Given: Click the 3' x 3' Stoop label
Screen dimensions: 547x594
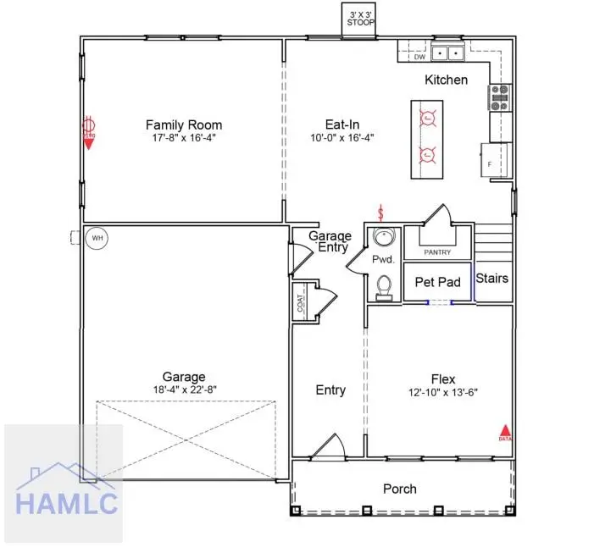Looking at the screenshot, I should [x=358, y=19].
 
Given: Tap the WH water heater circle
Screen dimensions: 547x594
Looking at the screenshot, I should [x=97, y=239].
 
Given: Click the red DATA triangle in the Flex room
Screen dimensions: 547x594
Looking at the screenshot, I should [x=505, y=432].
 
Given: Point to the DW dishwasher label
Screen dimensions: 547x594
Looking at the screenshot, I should [x=419, y=58].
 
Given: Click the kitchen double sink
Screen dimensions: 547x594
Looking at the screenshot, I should [x=447, y=54].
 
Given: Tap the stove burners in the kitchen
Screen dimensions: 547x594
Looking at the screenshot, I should [x=500, y=97].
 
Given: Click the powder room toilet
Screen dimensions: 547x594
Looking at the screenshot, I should [x=385, y=286].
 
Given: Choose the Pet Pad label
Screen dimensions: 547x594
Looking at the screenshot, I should [x=437, y=282].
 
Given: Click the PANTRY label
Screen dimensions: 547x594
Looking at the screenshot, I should [x=437, y=252].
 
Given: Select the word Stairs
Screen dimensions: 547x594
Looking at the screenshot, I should [x=491, y=278].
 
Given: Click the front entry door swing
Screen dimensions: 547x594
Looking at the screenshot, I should [x=327, y=446].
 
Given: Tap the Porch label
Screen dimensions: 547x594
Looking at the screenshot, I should [x=400, y=489].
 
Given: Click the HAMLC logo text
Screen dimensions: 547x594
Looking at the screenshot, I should [x=66, y=503].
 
